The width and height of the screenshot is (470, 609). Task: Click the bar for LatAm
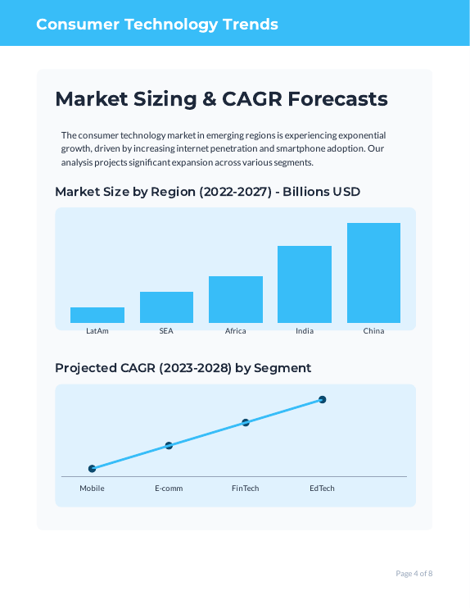(x=97, y=315)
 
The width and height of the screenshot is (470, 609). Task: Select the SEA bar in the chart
(x=166, y=307)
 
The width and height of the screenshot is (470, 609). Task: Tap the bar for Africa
(x=236, y=299)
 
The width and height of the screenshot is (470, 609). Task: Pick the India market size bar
(x=305, y=284)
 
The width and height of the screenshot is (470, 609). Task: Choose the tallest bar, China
(x=373, y=273)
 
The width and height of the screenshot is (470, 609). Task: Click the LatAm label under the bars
(x=97, y=331)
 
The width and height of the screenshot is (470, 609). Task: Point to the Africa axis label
(x=236, y=331)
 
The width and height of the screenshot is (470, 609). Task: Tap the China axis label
(x=373, y=331)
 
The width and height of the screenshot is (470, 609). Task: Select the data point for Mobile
(x=93, y=469)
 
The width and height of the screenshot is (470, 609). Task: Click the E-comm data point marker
(x=169, y=446)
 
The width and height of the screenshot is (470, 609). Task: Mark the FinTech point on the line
(x=246, y=423)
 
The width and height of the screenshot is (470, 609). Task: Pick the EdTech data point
(x=323, y=400)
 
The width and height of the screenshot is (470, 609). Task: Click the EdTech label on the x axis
(x=322, y=489)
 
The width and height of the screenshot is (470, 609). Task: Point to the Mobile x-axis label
(x=92, y=489)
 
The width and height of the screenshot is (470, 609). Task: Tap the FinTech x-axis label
(x=246, y=489)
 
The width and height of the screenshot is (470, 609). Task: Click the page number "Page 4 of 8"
(x=414, y=573)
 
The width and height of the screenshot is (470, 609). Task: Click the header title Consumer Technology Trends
(x=157, y=24)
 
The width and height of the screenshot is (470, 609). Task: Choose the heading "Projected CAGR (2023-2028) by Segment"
(x=183, y=368)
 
